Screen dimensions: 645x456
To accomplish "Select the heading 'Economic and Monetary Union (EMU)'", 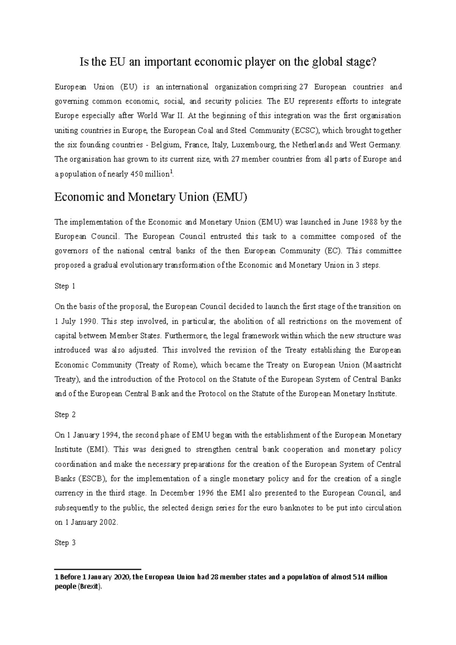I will (x=151, y=197).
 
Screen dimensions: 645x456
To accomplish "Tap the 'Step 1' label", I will (x=65, y=286).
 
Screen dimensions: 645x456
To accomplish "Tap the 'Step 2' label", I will (x=65, y=415).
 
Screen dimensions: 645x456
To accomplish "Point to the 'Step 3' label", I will (x=65, y=543).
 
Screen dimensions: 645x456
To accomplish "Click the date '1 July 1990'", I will (x=76, y=321).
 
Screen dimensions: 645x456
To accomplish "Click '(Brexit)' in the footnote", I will (x=90, y=587).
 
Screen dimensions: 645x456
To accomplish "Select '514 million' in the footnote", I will (x=370, y=577).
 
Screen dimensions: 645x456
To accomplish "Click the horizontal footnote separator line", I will (x=98, y=569).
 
